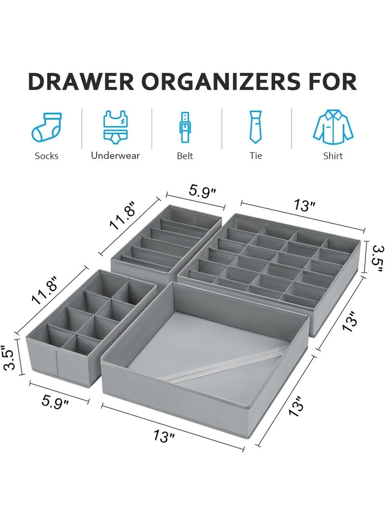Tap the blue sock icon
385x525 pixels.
[x=47, y=128]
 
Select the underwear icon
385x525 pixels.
[x=115, y=127]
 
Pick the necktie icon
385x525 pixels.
[x=256, y=127]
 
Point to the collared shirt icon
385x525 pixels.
[x=333, y=127]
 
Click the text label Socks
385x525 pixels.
[x=47, y=156]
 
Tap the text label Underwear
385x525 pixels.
[x=115, y=156]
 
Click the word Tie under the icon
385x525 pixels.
[x=256, y=156]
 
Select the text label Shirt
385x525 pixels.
[x=333, y=156]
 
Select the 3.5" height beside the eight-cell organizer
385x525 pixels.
[x=10, y=359]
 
